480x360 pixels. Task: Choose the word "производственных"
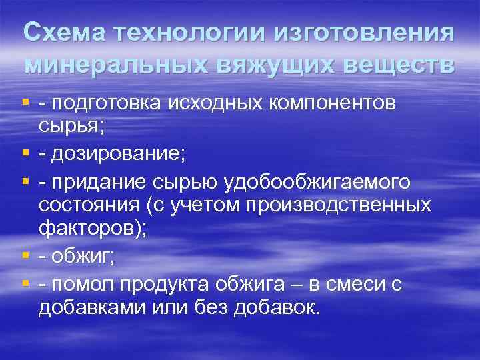point(339,204)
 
